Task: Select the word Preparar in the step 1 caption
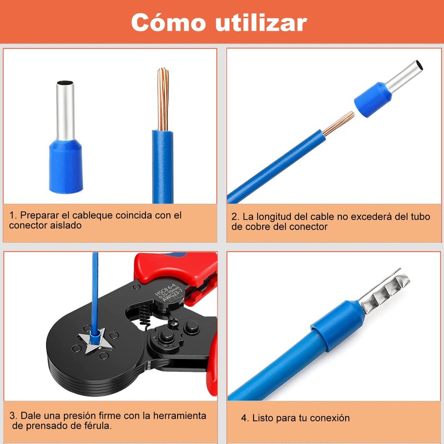tap(39, 215)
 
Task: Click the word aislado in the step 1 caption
tap(66, 225)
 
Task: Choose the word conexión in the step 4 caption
tap(330, 418)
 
